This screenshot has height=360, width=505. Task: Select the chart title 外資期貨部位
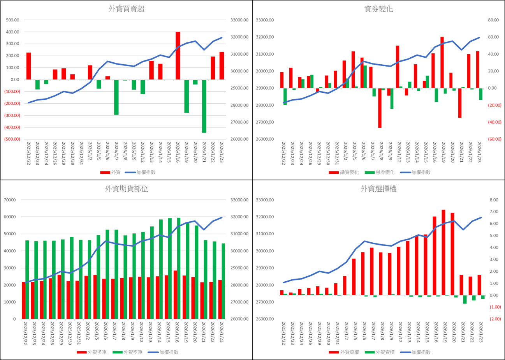tap(127, 189)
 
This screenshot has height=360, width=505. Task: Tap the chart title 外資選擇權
tap(378, 189)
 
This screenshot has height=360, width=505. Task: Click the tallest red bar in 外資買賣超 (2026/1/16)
tap(178, 56)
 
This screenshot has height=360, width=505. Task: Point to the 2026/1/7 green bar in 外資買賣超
tap(116, 97)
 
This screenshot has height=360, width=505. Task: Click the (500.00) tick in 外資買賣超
tap(12, 139)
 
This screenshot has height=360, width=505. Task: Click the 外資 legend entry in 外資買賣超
tap(111, 172)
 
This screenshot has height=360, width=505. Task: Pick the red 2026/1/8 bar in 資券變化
tap(380, 108)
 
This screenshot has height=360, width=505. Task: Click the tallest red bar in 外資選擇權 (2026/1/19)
tap(443, 252)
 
